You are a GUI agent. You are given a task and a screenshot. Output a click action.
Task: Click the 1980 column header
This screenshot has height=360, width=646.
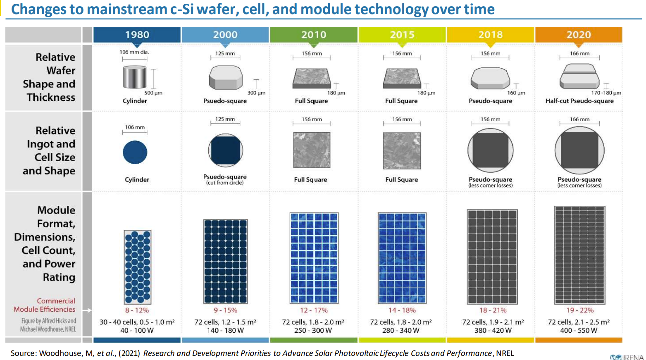coord(137,35)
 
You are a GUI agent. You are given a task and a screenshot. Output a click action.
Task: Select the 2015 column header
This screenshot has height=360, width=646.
coord(402,35)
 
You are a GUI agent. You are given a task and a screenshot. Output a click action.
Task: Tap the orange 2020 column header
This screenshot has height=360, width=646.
coord(579,35)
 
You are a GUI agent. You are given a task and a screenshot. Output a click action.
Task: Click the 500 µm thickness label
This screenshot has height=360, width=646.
coord(153,93)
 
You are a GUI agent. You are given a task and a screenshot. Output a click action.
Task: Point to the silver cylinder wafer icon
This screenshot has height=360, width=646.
coord(135,77)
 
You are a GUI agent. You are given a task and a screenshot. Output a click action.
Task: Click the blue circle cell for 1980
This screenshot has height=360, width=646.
coord(135,152)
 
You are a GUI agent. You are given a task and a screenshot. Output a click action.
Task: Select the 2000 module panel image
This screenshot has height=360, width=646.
coord(225,262)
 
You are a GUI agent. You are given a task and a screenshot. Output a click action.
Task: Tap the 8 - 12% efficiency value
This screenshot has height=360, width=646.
coord(137,310)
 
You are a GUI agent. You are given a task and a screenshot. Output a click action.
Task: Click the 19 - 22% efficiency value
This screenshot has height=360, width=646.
coord(579,310)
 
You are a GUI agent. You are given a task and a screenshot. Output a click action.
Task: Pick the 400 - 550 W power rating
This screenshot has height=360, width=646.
coord(579,330)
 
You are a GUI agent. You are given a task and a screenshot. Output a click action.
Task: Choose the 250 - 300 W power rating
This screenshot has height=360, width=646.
coord(313,330)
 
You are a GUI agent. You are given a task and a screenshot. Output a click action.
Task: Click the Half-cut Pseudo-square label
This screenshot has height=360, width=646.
coord(579,101)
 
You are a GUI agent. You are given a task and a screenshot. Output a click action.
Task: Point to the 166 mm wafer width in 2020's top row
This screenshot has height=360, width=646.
coord(579,53)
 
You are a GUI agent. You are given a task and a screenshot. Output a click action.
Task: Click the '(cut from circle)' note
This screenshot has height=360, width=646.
coord(225,183)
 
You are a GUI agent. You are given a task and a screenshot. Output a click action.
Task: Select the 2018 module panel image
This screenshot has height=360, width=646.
coord(492,256)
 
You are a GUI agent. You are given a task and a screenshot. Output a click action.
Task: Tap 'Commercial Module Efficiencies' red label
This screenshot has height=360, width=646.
coord(45,305)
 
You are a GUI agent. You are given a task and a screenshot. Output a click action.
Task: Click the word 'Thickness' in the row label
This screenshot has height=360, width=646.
coord(51,98)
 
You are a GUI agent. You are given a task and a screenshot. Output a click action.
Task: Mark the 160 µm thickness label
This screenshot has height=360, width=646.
coord(516,93)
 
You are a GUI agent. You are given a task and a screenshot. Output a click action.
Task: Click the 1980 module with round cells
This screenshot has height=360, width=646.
coord(137,267)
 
